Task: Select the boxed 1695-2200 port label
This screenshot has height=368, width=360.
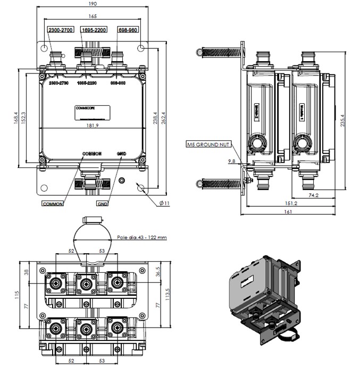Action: tap(94, 30)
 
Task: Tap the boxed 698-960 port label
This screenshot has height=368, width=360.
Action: tap(128, 30)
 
